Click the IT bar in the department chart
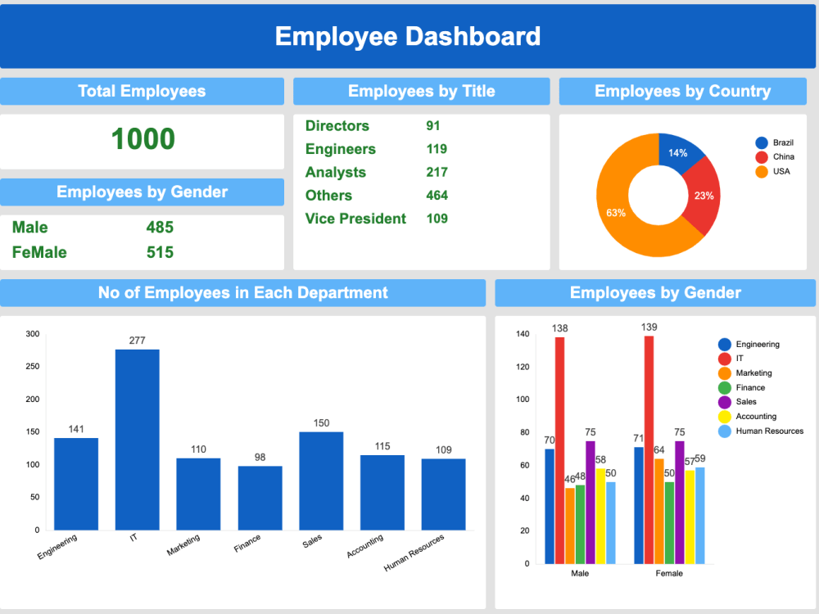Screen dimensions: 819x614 point(138,440)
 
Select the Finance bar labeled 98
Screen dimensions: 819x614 point(260,498)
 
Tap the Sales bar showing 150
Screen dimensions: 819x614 point(321,481)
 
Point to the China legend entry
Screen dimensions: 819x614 point(775,156)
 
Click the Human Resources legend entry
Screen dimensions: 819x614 point(761,431)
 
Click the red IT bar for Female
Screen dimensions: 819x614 point(649,449)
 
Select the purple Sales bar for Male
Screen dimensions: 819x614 point(590,503)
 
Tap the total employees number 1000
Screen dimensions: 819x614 point(143,139)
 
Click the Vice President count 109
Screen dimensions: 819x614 point(437,219)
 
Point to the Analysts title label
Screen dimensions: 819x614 point(335,172)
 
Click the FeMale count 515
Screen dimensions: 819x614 point(160,253)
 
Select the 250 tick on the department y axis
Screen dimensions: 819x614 point(33,367)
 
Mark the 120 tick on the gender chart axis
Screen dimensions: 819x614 point(523,367)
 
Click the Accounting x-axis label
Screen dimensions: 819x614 point(365,546)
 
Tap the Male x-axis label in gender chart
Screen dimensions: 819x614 point(580,573)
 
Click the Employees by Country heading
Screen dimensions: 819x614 point(683,92)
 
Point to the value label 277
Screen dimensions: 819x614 point(138,341)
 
